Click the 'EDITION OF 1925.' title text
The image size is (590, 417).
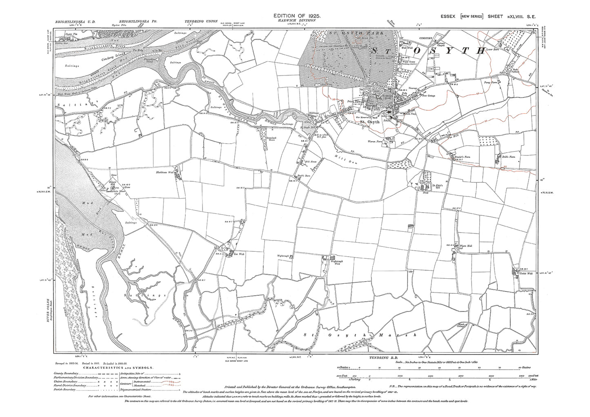pos(300,16)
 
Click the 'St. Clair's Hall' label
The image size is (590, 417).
pos(437,187)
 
